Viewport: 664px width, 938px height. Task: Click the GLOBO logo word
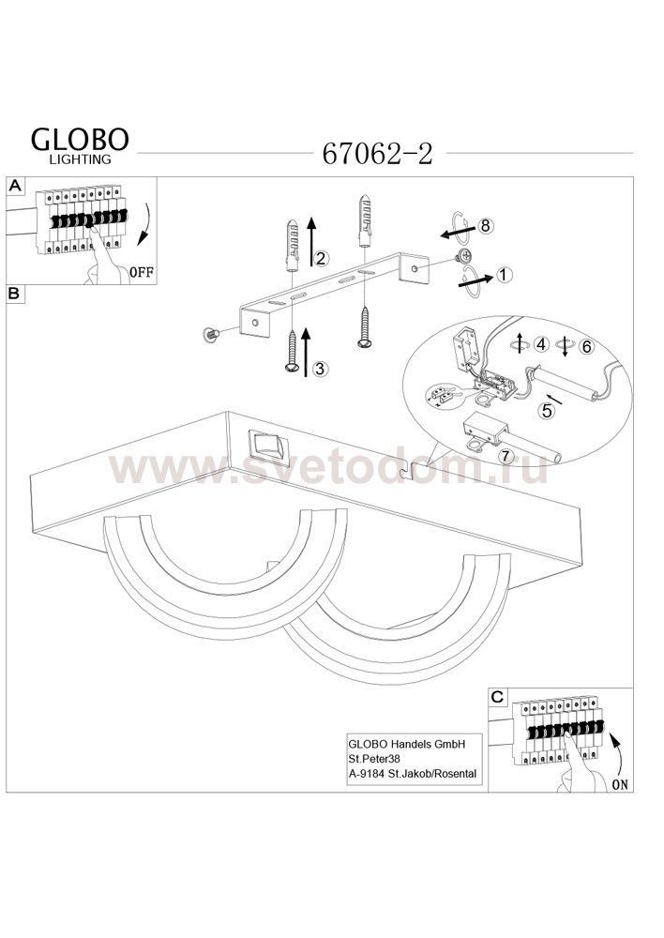coord(80,140)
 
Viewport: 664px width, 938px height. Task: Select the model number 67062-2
coord(377,154)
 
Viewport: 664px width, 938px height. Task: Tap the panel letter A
coord(15,186)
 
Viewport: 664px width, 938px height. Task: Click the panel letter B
coord(15,293)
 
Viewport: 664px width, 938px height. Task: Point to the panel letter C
coord(498,697)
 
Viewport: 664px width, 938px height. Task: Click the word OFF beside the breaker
coord(142,273)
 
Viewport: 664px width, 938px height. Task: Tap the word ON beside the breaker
coord(620,784)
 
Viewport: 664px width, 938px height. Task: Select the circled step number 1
coord(505,275)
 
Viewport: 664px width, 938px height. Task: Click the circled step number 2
coord(322,259)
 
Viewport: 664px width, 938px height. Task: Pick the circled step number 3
coord(320,369)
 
